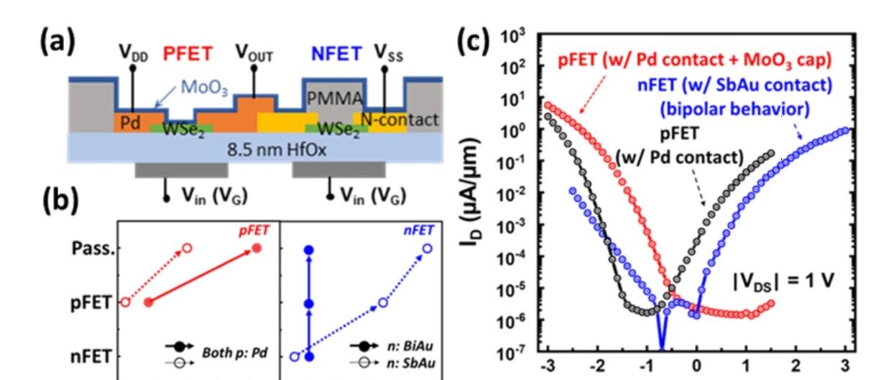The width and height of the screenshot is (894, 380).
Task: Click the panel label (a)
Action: tap(57, 41)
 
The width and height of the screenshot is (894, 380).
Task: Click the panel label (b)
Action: tap(60, 200)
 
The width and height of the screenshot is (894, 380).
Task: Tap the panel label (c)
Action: tap(474, 41)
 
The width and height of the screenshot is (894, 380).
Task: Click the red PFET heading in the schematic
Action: tap(188, 54)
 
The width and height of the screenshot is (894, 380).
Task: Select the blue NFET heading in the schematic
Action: tap(336, 54)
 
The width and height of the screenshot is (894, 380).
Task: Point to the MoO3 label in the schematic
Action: tap(204, 88)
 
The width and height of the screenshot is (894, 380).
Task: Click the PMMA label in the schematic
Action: tap(334, 98)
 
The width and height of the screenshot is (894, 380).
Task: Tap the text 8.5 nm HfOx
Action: tap(277, 150)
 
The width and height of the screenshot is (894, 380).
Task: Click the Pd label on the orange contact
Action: tap(130, 124)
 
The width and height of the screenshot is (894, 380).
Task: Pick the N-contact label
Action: tap(400, 120)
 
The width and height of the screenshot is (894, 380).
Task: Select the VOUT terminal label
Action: tap(254, 52)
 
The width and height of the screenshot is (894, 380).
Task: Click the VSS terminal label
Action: tap(388, 53)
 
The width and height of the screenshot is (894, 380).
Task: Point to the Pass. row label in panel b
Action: tap(93, 249)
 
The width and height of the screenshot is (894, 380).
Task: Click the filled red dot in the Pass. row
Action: tap(257, 249)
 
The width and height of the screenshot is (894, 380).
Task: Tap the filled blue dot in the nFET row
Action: tap(309, 357)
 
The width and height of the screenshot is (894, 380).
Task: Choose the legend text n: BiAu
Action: tap(410, 346)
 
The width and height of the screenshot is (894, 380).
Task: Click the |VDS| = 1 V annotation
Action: tap(783, 282)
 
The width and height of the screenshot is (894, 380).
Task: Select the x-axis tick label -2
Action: tap(597, 366)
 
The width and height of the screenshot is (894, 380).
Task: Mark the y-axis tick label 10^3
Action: tap(513, 37)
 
